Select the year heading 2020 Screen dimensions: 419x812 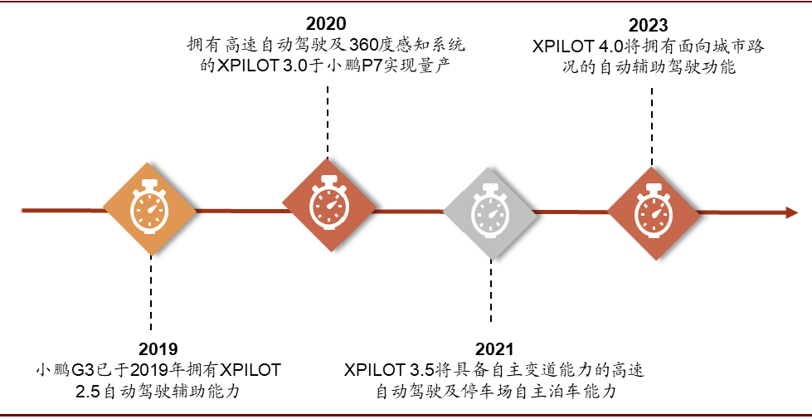(x=326, y=23)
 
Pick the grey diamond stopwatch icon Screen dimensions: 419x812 (x=489, y=211)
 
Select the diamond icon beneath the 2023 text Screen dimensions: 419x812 (x=653, y=208)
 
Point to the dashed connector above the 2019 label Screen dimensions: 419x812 (x=150, y=295)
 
